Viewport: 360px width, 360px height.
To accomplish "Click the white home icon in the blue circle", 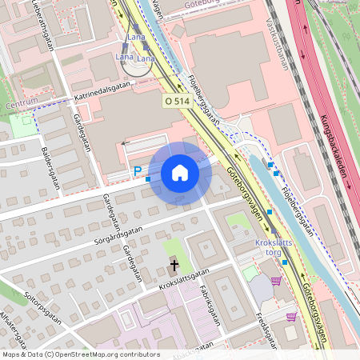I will [179, 173].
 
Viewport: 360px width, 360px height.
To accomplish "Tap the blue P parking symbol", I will [137, 170].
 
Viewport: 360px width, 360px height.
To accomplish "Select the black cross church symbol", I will [174, 263].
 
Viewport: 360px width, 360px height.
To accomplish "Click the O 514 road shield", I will [177, 101].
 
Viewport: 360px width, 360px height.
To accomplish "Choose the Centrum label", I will [21, 103].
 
